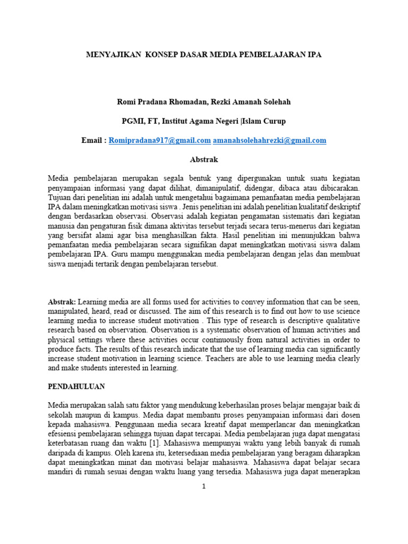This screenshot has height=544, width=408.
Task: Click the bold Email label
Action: [92, 141]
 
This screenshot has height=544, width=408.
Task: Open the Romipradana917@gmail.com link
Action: [160, 141]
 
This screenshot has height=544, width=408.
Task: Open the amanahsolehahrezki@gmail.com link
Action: [269, 141]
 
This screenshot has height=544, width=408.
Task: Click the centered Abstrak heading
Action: [203, 159]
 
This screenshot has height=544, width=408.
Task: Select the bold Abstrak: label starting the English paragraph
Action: [62, 302]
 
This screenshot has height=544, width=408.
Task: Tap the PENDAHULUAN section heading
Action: [76, 387]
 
